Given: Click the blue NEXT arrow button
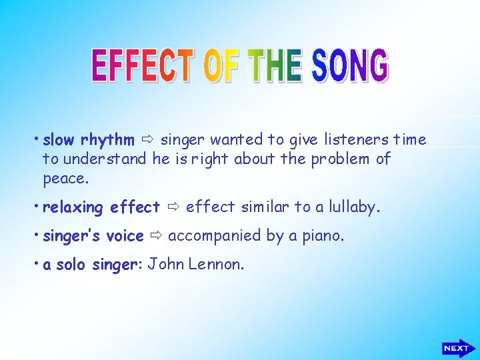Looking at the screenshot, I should click(x=458, y=347).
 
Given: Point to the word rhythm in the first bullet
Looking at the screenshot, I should click(x=107, y=140).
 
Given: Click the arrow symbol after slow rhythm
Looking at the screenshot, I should click(x=147, y=140).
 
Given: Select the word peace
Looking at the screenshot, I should click(x=65, y=179).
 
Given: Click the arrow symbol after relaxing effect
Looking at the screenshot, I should click(x=173, y=207).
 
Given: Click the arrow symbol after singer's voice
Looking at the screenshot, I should click(x=156, y=236).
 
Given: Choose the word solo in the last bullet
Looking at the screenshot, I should click(x=70, y=265).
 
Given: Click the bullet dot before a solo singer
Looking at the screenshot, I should click(x=37, y=263).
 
